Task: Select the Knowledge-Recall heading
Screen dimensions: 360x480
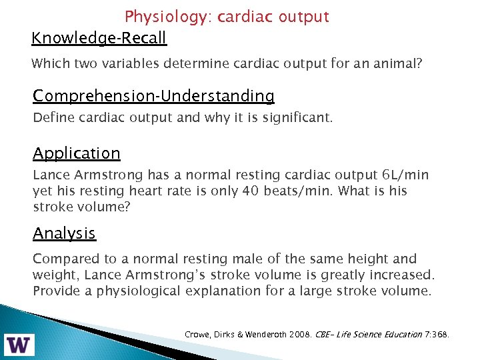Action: [99, 38]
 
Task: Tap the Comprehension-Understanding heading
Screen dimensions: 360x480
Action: [153, 96]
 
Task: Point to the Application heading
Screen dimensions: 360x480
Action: [77, 153]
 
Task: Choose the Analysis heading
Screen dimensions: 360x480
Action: [65, 233]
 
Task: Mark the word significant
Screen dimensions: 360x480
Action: [299, 118]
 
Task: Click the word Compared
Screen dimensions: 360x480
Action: [63, 259]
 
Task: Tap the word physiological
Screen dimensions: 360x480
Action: [134, 291]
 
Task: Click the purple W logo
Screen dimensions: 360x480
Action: [21, 344]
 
